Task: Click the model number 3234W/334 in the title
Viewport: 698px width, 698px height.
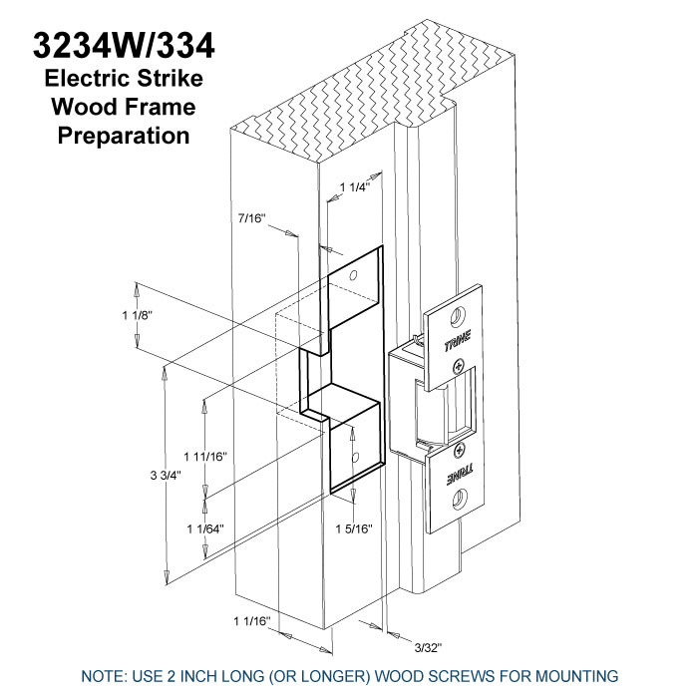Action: pyautogui.click(x=124, y=46)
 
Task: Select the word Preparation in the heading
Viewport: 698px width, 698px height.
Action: pyautogui.click(x=124, y=136)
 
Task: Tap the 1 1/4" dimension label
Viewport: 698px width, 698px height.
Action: pyautogui.click(x=355, y=187)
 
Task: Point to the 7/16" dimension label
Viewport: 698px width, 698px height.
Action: pyautogui.click(x=251, y=218)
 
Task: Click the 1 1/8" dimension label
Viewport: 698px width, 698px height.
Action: pyautogui.click(x=138, y=315)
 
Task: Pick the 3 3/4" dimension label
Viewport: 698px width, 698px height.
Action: pyautogui.click(x=166, y=476)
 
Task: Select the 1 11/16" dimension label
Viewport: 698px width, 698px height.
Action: pyautogui.click(x=205, y=457)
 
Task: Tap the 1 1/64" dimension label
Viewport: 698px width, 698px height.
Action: pyautogui.click(x=205, y=528)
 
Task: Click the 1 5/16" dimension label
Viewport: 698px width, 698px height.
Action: pyautogui.click(x=354, y=528)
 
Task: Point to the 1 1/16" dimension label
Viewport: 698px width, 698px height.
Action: pyautogui.click(x=252, y=621)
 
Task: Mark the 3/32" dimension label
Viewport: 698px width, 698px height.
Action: pyautogui.click(x=428, y=648)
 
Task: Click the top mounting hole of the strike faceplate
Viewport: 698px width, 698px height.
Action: pyautogui.click(x=457, y=317)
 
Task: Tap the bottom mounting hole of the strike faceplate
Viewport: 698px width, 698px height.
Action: pyautogui.click(x=459, y=500)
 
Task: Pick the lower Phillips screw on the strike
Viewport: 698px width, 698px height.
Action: pyautogui.click(x=459, y=451)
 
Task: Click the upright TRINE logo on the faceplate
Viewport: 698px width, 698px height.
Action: pyautogui.click(x=458, y=341)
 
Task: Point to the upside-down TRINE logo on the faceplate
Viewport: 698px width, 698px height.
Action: pyautogui.click(x=461, y=476)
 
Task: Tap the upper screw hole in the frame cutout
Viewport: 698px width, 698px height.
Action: pyautogui.click(x=353, y=275)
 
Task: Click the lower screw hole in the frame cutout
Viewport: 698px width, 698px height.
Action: pyautogui.click(x=355, y=457)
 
